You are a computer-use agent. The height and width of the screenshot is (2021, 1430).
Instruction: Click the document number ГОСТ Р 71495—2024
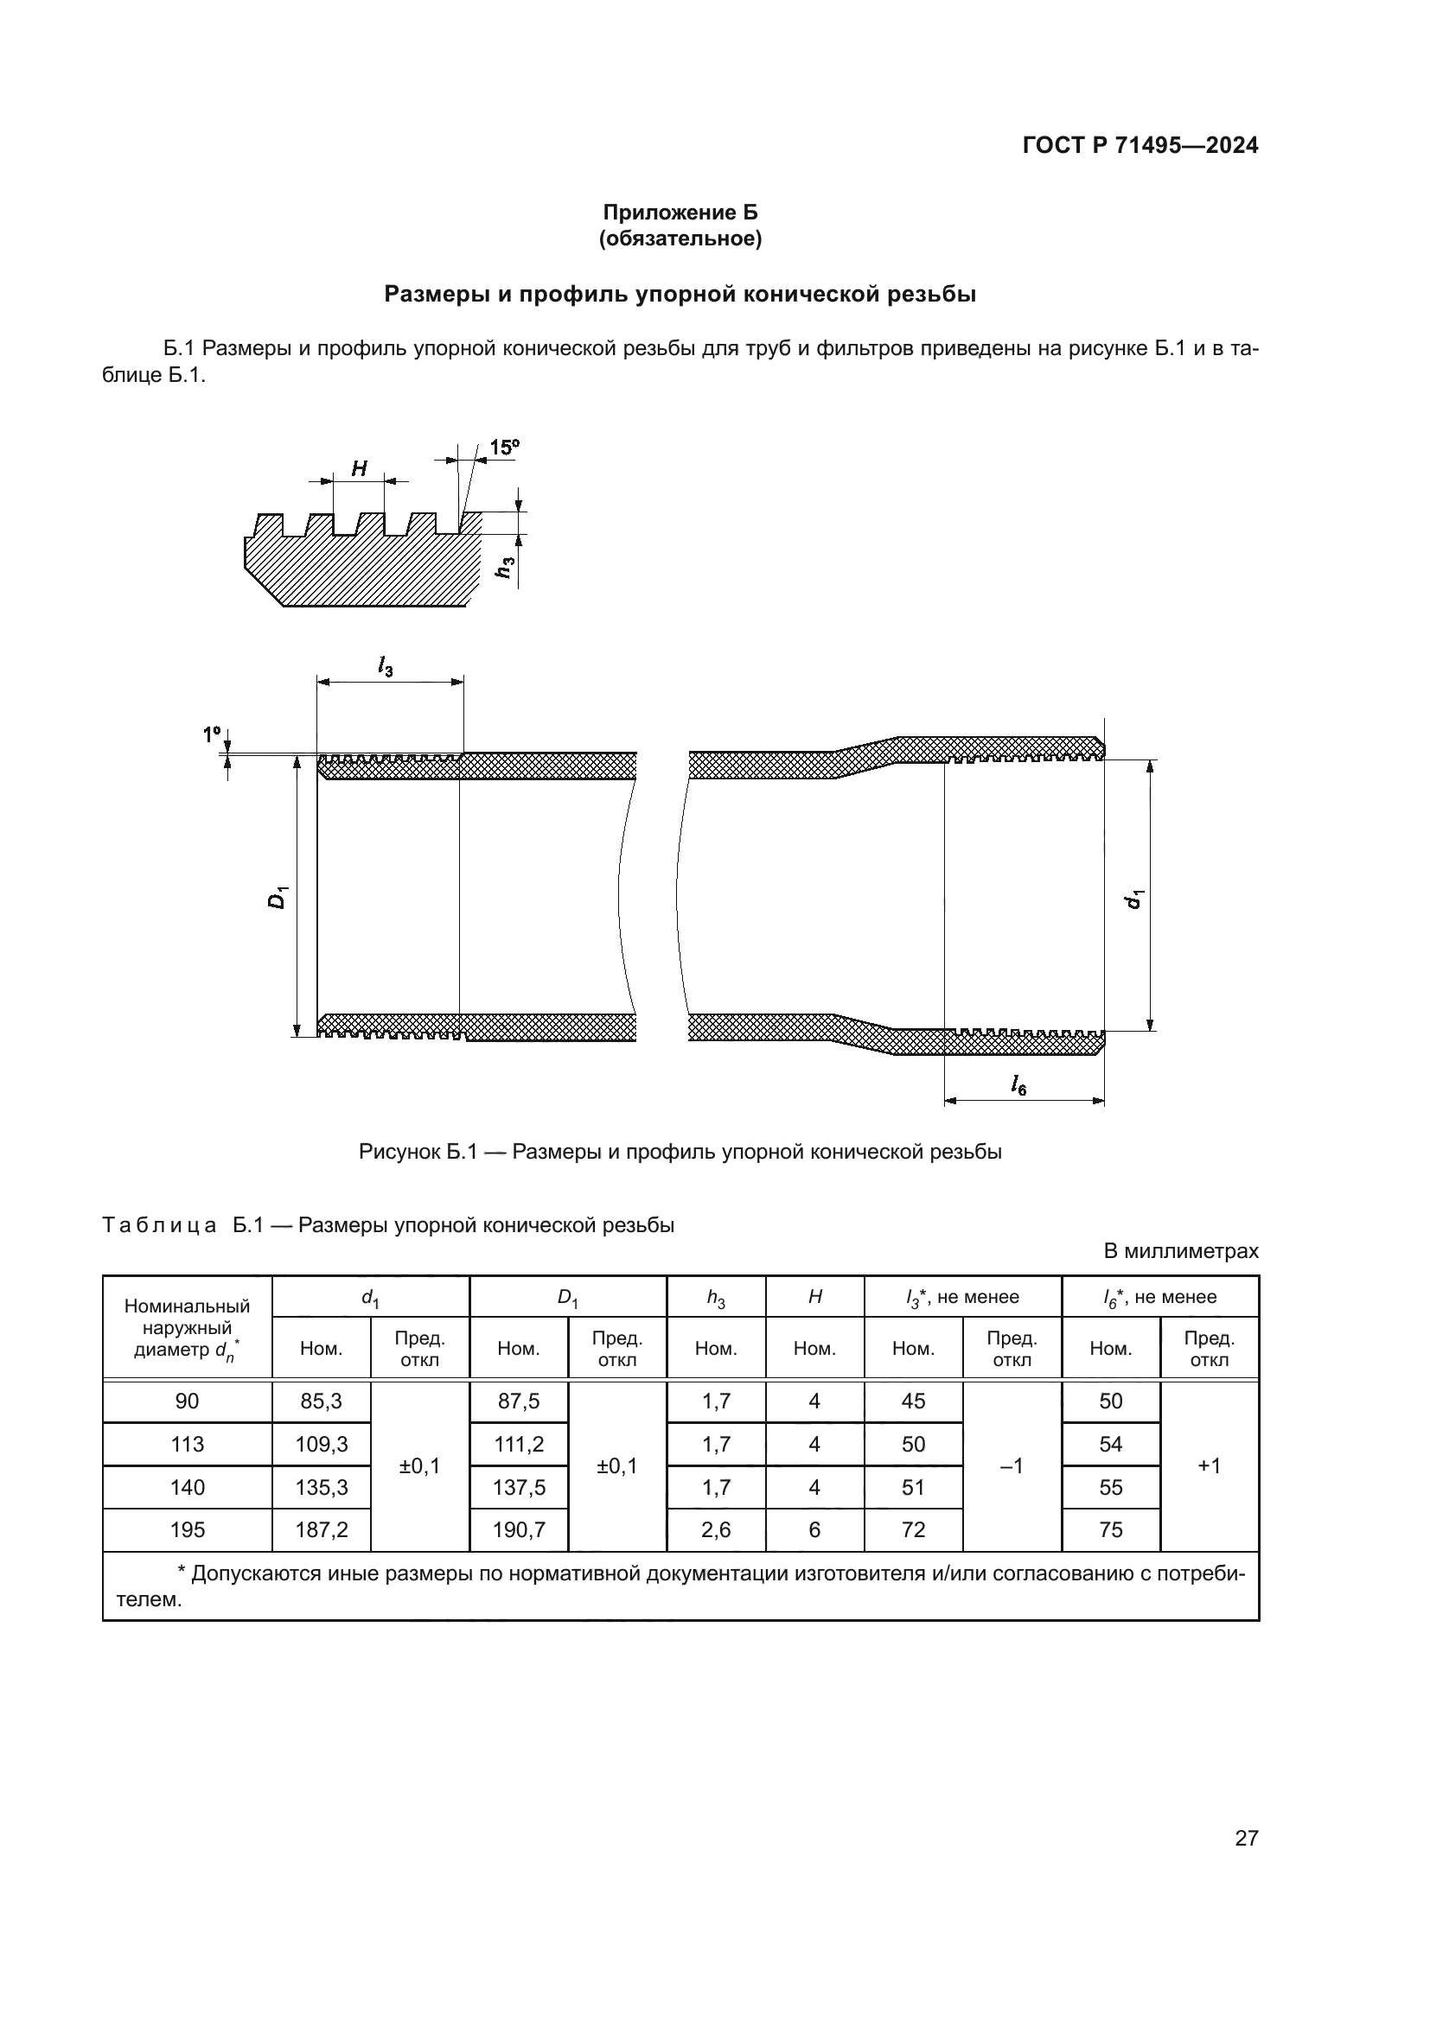click(1140, 145)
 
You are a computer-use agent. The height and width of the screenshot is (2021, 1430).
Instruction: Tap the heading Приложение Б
click(680, 213)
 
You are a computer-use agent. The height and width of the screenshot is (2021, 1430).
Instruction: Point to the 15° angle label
click(504, 448)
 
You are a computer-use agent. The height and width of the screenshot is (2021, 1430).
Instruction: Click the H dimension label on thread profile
click(360, 469)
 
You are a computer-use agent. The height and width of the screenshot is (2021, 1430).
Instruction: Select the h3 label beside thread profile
click(505, 568)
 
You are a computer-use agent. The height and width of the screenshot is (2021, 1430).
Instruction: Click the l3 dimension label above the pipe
click(386, 667)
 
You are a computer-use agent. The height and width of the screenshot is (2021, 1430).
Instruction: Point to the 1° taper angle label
click(211, 734)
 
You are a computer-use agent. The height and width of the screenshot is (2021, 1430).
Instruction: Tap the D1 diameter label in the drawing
click(278, 898)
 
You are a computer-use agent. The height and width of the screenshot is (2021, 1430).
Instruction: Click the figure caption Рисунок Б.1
click(680, 1151)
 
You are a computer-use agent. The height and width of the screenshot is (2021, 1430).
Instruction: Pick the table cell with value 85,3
click(322, 1401)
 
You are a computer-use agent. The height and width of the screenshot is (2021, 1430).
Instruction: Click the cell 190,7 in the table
click(519, 1530)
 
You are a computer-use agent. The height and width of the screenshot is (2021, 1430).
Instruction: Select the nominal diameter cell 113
click(187, 1445)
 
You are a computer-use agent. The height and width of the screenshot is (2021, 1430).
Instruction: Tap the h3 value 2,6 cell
click(716, 1530)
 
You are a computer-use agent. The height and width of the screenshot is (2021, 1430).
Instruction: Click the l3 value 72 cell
click(913, 1530)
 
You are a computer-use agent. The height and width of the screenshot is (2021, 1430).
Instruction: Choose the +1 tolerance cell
click(1209, 1465)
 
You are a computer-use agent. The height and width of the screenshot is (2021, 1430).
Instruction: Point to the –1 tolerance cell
click(1012, 1465)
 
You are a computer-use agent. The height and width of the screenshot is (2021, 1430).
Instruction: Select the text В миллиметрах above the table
click(1181, 1251)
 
